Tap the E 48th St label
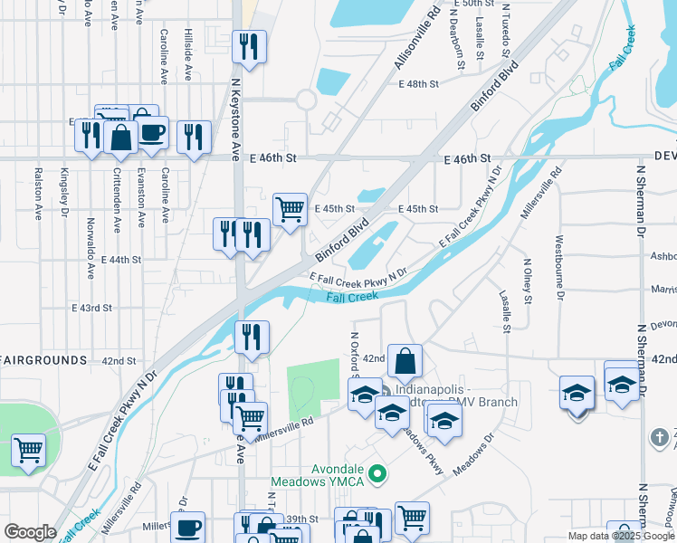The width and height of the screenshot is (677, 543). (418, 84)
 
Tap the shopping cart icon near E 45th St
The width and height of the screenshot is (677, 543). (290, 210)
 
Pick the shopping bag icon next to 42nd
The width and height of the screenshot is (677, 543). (405, 361)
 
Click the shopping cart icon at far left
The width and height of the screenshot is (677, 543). (28, 450)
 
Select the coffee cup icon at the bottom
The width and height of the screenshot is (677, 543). (188, 528)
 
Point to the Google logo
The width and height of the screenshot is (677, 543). (30, 531)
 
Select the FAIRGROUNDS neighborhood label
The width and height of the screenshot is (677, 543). (43, 360)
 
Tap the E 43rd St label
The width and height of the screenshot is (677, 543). (91, 308)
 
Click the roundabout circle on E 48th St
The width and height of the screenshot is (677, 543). (306, 100)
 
